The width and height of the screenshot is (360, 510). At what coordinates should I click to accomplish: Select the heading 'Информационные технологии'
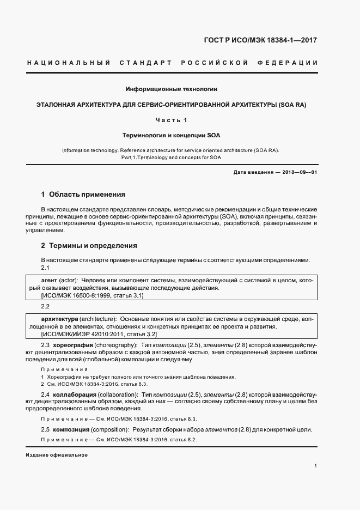172,88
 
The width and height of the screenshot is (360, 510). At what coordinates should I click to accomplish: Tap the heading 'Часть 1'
172,119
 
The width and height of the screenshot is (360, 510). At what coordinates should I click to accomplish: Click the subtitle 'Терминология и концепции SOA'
172,134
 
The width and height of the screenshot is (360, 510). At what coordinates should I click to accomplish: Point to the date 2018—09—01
301,173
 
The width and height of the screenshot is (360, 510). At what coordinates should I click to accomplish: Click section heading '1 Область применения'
83,194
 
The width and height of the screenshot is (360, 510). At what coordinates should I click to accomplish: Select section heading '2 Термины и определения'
89,245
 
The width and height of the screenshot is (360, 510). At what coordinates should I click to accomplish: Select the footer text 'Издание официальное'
57,455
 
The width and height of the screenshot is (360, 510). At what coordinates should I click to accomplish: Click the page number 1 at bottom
315,466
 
